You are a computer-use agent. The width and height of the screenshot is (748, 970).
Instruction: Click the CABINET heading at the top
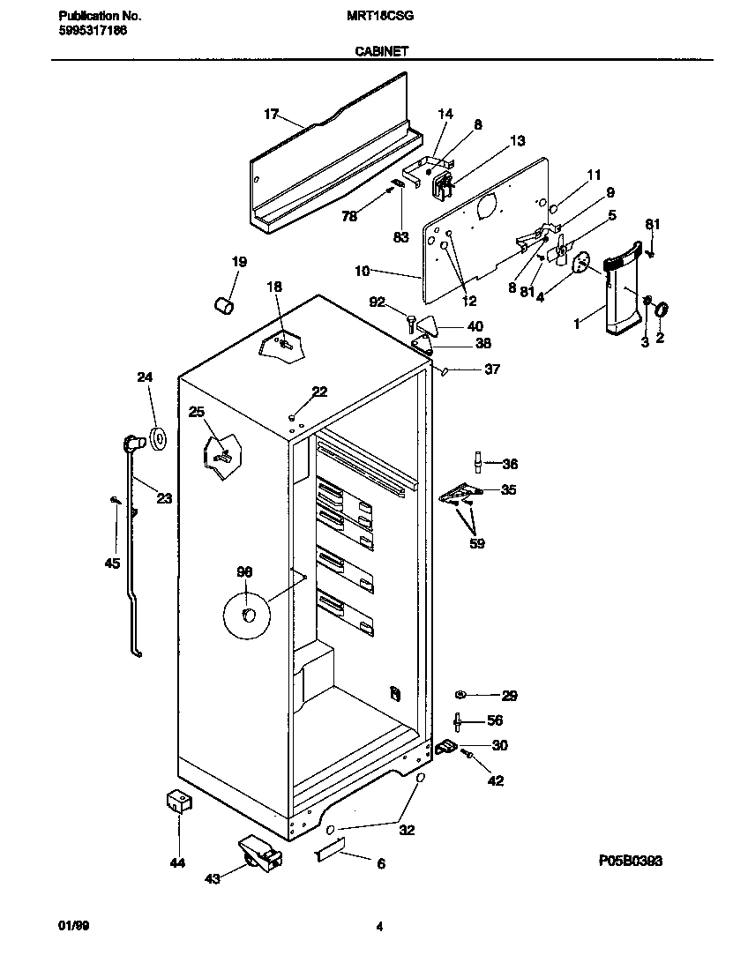380,52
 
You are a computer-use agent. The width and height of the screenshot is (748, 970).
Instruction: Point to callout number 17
271,114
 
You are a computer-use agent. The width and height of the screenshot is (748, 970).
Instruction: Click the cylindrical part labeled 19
224,305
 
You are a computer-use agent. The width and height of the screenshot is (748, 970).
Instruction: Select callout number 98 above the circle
244,572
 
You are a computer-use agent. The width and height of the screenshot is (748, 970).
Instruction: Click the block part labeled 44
179,801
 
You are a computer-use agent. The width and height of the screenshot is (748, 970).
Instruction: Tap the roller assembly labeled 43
258,854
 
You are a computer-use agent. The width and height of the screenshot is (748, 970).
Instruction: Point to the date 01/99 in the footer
73,926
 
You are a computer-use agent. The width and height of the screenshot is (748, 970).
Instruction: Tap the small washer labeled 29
461,695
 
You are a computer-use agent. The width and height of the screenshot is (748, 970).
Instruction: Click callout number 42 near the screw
496,780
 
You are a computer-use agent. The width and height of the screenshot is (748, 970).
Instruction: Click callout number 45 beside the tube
111,563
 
